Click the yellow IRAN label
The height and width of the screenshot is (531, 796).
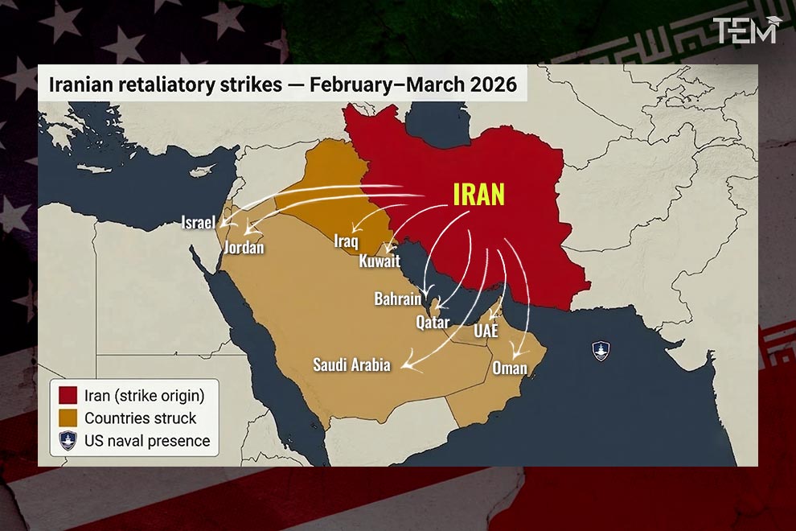[x=479, y=195]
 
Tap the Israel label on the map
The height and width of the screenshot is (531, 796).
[x=198, y=222]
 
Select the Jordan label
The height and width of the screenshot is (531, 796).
[x=244, y=247]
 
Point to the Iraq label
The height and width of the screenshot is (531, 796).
[x=346, y=240]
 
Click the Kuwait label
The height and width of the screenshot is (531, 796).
[x=380, y=261]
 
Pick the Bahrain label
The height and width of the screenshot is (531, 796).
[x=397, y=298]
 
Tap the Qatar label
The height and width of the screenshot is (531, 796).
[x=433, y=322]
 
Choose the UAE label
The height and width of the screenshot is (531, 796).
[x=486, y=331]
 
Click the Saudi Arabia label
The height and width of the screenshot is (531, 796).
[x=351, y=365]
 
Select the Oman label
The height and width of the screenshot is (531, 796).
[x=510, y=368]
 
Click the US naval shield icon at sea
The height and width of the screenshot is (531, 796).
[x=601, y=350]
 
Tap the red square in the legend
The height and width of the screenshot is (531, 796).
[x=68, y=395]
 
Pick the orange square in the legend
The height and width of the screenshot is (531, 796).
[x=68, y=418]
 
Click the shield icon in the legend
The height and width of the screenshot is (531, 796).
[x=68, y=440]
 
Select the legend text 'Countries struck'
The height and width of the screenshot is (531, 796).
[x=140, y=418]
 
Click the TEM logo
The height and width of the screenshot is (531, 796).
[x=747, y=31]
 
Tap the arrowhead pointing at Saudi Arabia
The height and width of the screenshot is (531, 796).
[x=404, y=368]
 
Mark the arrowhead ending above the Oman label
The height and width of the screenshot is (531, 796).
[x=515, y=355]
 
